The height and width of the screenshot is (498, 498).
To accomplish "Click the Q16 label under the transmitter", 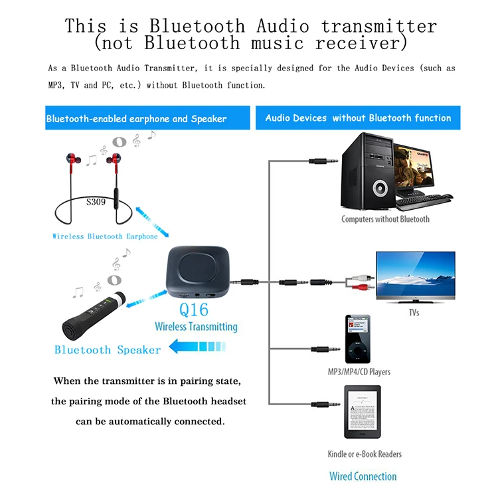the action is tap(193, 309).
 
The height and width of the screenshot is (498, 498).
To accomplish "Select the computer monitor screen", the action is tap(419, 167).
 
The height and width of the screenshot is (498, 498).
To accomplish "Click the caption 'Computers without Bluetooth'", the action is tap(385, 219).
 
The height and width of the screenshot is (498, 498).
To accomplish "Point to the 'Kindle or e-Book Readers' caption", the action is tap(365, 454).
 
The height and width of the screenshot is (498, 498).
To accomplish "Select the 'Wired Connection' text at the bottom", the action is tap(363, 476).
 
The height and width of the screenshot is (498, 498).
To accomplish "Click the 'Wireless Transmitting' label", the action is tap(196, 326).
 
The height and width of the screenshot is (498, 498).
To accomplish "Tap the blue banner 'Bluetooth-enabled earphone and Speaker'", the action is tap(136, 119).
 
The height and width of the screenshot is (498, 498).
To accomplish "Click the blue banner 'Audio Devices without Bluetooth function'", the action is tap(358, 118).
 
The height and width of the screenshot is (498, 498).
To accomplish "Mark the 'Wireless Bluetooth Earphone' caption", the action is tap(105, 236).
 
